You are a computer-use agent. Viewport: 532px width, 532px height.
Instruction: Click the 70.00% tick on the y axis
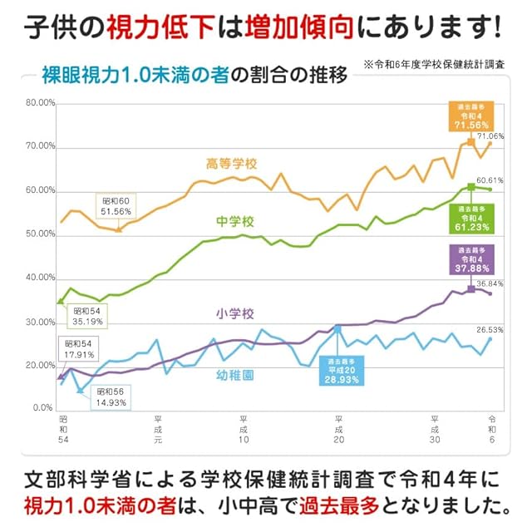pyautogui.click(x=41, y=146)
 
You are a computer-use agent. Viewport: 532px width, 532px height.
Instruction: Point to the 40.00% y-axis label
pyautogui.click(x=41, y=278)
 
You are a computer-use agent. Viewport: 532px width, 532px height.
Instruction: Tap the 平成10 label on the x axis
pyautogui.click(x=244, y=429)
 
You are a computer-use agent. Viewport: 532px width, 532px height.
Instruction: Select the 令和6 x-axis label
pyautogui.click(x=492, y=429)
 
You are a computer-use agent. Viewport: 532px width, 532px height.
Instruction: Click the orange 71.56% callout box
pyautogui.click(x=471, y=116)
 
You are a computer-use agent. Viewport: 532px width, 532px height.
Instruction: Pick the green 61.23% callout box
pyautogui.click(x=471, y=219)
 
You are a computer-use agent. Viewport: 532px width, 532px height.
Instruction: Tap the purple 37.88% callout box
pyautogui.click(x=471, y=259)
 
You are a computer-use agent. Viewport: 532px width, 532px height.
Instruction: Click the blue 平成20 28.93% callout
pyautogui.click(x=342, y=371)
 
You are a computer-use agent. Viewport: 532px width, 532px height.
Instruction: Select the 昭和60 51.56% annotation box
pyautogui.click(x=116, y=206)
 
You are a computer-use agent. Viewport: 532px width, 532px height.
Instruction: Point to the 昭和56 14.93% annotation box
pyautogui.click(x=111, y=397)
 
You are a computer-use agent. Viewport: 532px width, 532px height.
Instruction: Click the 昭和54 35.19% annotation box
pyautogui.click(x=87, y=316)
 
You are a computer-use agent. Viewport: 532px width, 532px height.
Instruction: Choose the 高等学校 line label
pyautogui.click(x=232, y=165)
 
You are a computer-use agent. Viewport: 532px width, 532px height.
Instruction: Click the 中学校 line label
pyautogui.click(x=235, y=222)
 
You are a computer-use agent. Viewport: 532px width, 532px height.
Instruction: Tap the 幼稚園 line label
pyautogui.click(x=235, y=375)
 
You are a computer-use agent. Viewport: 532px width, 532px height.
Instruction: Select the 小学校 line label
pyautogui.click(x=235, y=313)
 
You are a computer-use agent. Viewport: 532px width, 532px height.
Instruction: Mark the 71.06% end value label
pyautogui.click(x=490, y=136)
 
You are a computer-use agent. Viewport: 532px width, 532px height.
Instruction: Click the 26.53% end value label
pyautogui.click(x=490, y=330)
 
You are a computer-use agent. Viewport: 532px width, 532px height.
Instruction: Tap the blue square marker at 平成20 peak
pyautogui.click(x=337, y=328)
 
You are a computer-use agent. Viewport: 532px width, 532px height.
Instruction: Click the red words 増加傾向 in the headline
pyautogui.click(x=299, y=27)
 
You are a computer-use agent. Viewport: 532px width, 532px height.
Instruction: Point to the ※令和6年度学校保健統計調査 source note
pyautogui.click(x=434, y=65)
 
